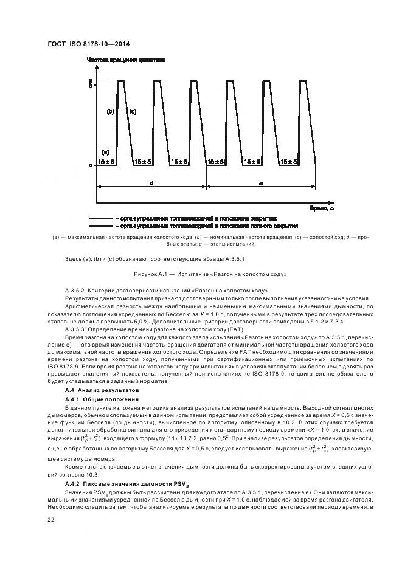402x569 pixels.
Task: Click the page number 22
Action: click(51, 519)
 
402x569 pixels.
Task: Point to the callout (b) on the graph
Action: click(111, 112)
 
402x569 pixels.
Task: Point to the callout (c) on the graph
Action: click(132, 112)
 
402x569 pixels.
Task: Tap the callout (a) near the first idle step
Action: click(105, 152)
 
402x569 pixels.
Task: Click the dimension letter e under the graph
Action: click(261, 181)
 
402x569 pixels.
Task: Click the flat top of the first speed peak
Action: click(121, 80)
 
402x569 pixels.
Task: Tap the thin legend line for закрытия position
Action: click(100, 218)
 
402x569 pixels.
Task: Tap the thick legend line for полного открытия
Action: click(100, 225)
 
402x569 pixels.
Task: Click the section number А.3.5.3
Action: click(77, 329)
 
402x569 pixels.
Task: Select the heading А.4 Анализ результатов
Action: click(102, 389)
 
